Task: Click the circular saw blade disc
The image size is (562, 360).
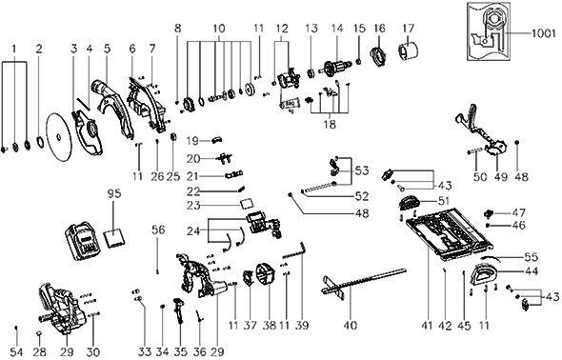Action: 58,136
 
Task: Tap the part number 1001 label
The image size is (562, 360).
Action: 543,33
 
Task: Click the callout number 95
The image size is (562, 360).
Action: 114,193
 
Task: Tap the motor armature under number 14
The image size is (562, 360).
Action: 337,68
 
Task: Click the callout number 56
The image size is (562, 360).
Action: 158,230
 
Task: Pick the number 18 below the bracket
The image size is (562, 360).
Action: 330,125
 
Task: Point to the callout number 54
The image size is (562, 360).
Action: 16,351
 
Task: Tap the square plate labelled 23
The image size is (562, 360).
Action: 247,204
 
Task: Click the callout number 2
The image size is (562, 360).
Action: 39,48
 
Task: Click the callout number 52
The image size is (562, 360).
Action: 362,196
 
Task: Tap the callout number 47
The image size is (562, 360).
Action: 518,212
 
